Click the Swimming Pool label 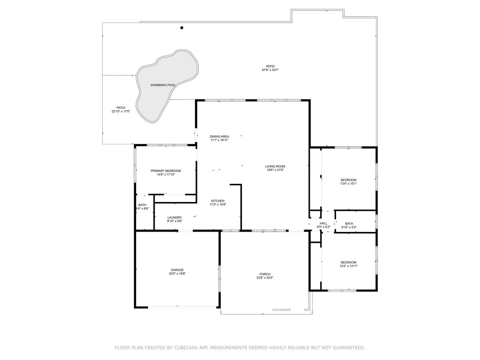click(163, 85)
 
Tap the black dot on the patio click(182, 28)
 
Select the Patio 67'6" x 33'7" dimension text click(270, 70)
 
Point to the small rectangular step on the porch click(282, 309)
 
